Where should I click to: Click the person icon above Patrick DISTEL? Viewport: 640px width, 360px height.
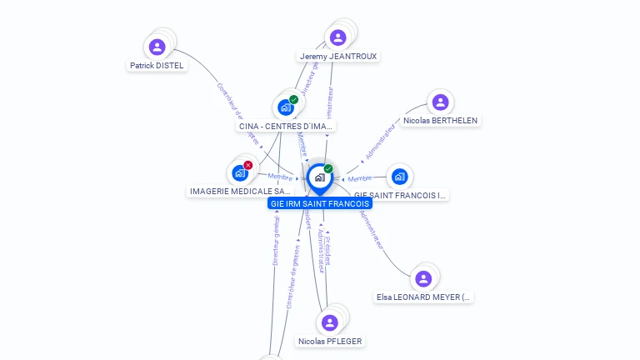[x=157, y=47]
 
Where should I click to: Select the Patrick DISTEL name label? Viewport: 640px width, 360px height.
[x=157, y=65]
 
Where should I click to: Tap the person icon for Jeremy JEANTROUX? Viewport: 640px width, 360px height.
[x=337, y=37]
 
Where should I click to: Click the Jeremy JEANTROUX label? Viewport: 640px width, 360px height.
[x=338, y=57]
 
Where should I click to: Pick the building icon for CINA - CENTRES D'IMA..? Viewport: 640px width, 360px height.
[x=285, y=107]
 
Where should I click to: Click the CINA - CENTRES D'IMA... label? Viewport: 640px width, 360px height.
[x=286, y=127]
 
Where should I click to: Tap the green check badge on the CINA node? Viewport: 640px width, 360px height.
[x=293, y=100]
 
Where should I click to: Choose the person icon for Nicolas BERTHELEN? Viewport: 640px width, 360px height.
[x=440, y=102]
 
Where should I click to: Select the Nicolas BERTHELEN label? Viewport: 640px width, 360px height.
[x=440, y=121]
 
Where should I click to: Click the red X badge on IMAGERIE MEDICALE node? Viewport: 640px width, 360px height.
[x=247, y=165]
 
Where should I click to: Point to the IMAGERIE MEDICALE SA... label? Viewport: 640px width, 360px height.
[x=241, y=192]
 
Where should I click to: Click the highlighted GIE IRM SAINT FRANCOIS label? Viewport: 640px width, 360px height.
[x=320, y=203]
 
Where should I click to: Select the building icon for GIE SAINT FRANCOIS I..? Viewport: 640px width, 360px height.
[x=399, y=177]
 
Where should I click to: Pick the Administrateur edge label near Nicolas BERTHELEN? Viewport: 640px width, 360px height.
[x=380, y=142]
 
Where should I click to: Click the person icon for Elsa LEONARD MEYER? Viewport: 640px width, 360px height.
[x=423, y=278]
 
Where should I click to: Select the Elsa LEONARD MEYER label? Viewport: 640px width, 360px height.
[x=423, y=297]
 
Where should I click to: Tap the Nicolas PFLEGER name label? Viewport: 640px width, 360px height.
[x=330, y=341]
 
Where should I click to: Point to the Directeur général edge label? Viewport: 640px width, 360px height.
[x=276, y=239]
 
